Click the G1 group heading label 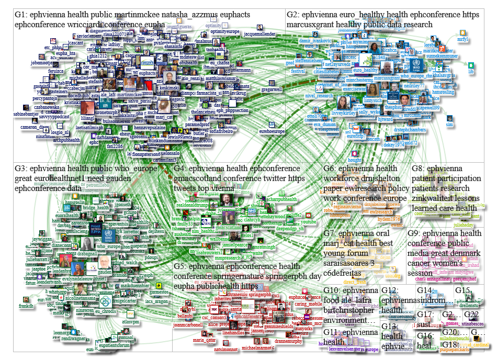pos(20,15)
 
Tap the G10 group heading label pos(332,290)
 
